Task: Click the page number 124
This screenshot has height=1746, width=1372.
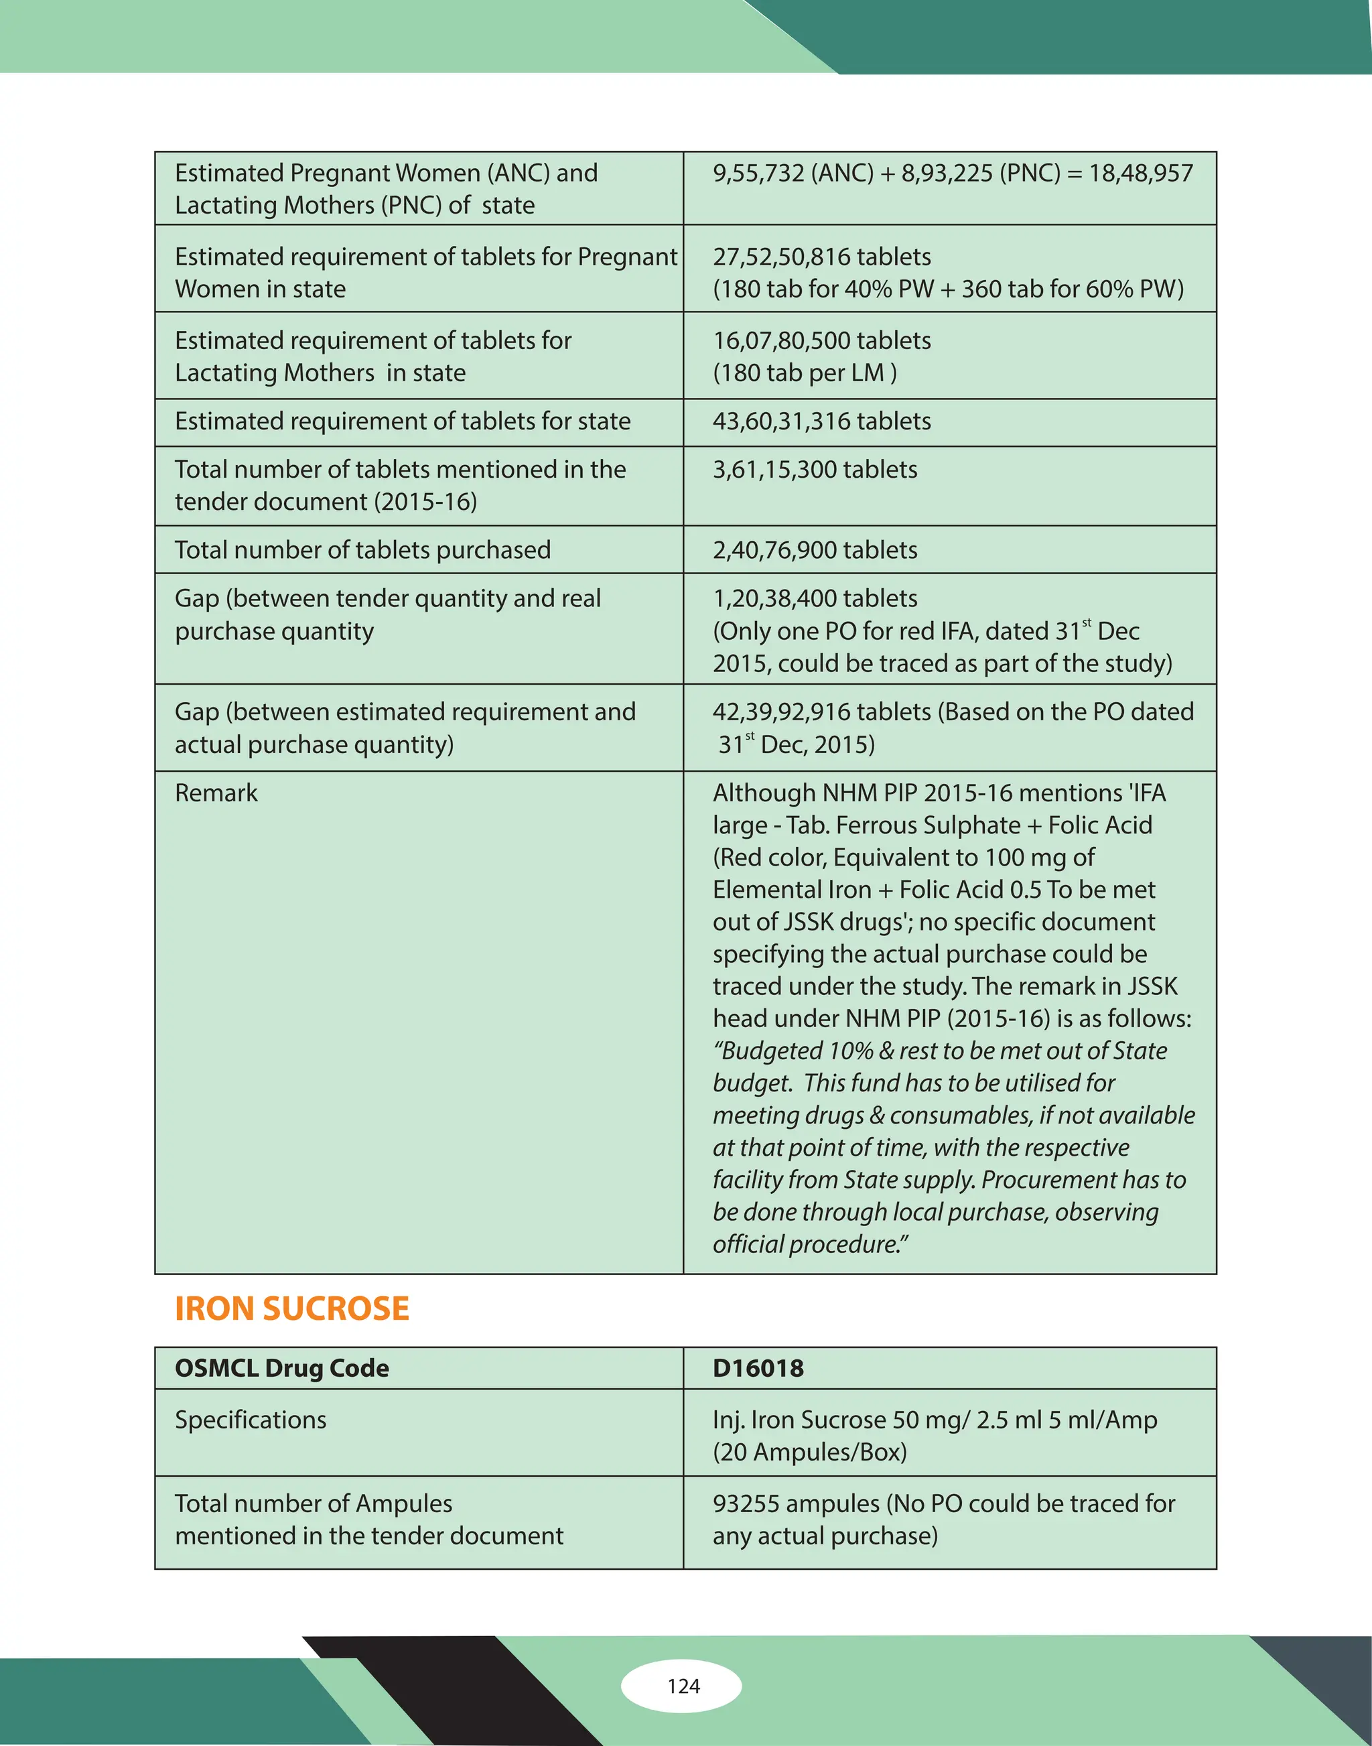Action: tap(683, 1686)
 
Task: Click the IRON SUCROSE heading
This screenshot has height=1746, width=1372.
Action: tap(291, 1309)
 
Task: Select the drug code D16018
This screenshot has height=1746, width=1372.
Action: tap(758, 1367)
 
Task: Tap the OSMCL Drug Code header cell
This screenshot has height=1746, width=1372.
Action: tap(281, 1367)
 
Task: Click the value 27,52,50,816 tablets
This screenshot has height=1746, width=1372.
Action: tap(821, 257)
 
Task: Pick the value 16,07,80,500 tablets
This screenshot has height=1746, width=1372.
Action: tap(821, 340)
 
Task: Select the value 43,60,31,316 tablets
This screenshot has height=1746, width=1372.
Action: tap(821, 421)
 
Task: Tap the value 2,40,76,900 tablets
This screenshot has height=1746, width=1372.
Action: tap(815, 549)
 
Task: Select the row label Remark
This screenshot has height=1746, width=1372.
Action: tap(216, 793)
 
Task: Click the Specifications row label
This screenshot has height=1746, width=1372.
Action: tap(251, 1420)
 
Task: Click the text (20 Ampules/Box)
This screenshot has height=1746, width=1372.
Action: tap(810, 1452)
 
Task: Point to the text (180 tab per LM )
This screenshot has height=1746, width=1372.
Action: tap(804, 373)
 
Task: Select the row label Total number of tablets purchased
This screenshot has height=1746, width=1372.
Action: tap(362, 549)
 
